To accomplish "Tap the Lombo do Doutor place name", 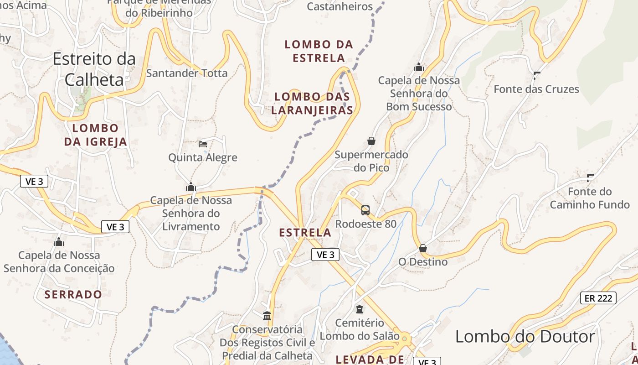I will [x=525, y=337].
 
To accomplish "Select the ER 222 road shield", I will [x=598, y=298].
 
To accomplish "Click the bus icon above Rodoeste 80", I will [x=365, y=210].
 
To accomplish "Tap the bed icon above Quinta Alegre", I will [x=203, y=144].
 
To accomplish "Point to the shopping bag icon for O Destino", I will [x=423, y=248].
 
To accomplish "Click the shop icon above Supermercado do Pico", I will [x=371, y=141].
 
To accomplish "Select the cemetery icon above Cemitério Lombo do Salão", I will [x=360, y=309].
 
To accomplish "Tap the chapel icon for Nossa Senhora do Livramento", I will [x=190, y=187].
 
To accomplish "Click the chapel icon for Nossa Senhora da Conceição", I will [x=58, y=242].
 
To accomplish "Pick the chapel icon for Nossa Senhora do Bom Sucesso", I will [x=419, y=68].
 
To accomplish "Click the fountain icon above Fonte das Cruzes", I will [x=536, y=76].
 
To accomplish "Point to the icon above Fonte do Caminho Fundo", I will [x=590, y=178].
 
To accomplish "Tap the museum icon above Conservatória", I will [x=267, y=316].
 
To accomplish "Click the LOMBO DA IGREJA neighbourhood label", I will [x=95, y=135].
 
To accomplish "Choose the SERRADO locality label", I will [x=73, y=294].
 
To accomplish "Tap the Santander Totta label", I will [x=187, y=73].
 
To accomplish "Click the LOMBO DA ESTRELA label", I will [x=319, y=51].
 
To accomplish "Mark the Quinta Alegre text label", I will [x=203, y=158].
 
